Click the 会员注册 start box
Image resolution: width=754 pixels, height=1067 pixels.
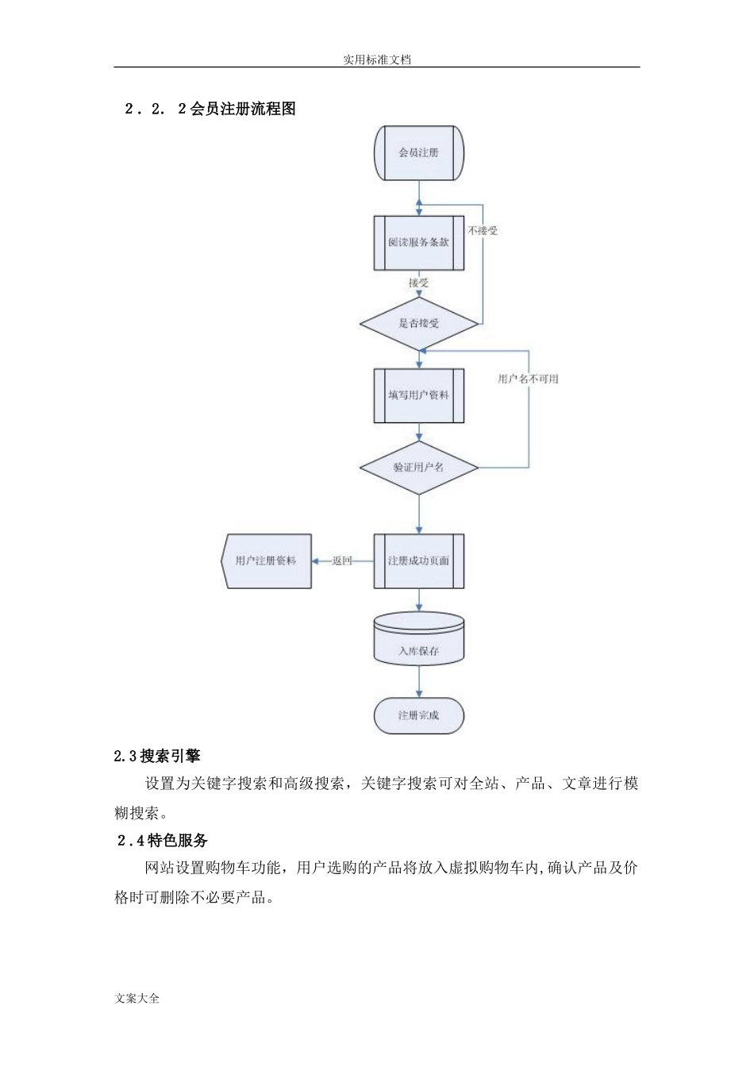tap(418, 152)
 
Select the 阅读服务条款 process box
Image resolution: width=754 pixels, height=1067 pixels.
tap(418, 242)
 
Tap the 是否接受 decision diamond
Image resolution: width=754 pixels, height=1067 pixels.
tap(418, 323)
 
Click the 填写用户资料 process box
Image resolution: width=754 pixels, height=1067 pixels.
tap(418, 395)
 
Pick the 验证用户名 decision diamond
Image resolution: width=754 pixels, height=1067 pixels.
tap(418, 468)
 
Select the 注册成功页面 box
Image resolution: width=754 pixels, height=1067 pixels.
tap(418, 560)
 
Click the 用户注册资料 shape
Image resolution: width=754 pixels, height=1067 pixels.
tap(266, 560)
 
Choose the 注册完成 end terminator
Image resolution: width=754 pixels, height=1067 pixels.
tap(418, 715)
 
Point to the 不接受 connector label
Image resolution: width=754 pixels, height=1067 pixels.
tap(483, 230)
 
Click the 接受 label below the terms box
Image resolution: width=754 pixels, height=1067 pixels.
tap(418, 282)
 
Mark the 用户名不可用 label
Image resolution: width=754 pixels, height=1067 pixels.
tap(528, 379)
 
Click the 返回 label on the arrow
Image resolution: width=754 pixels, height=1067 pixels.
tap(342, 560)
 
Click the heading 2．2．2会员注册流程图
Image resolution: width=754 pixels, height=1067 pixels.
tap(210, 110)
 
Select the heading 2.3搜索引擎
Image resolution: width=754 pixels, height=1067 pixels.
tap(157, 756)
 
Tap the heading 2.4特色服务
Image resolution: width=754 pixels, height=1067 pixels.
tap(162, 840)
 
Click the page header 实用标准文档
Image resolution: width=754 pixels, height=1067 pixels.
tap(377, 59)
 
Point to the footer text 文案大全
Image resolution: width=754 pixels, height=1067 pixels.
tap(137, 998)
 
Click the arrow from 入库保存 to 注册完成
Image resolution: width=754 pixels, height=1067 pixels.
tap(418, 680)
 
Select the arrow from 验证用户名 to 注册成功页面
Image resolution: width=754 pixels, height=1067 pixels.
tap(418, 514)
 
